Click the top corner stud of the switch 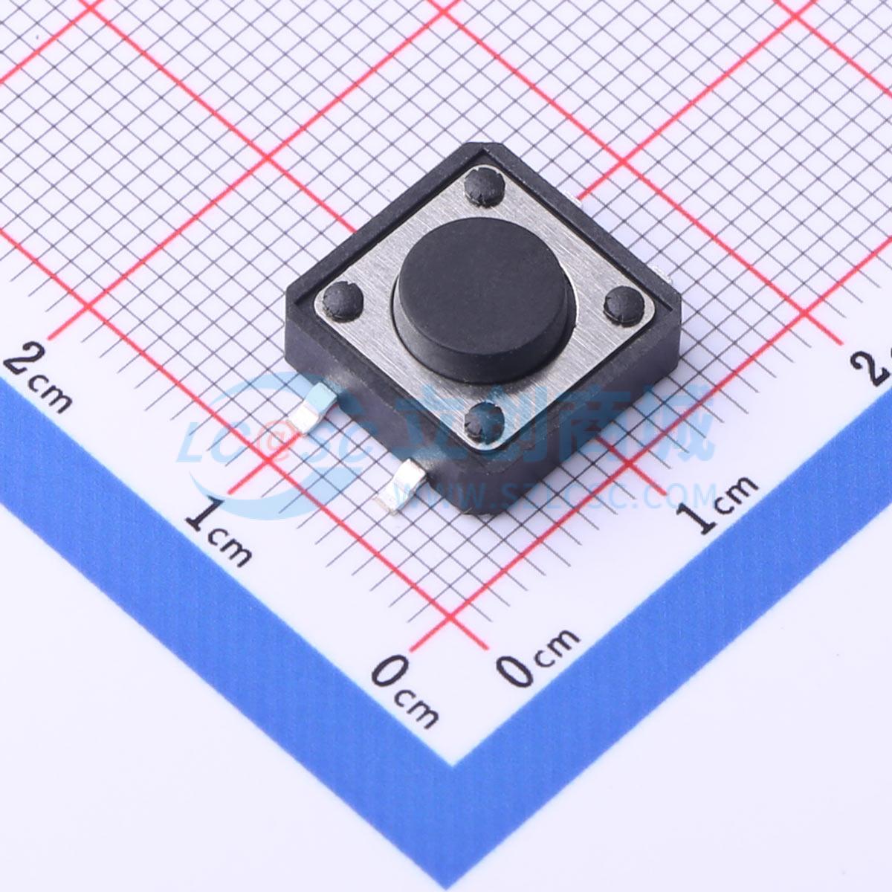click(x=484, y=185)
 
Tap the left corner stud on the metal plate click(x=343, y=299)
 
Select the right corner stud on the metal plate click(x=624, y=301)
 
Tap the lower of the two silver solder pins click(x=400, y=487)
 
